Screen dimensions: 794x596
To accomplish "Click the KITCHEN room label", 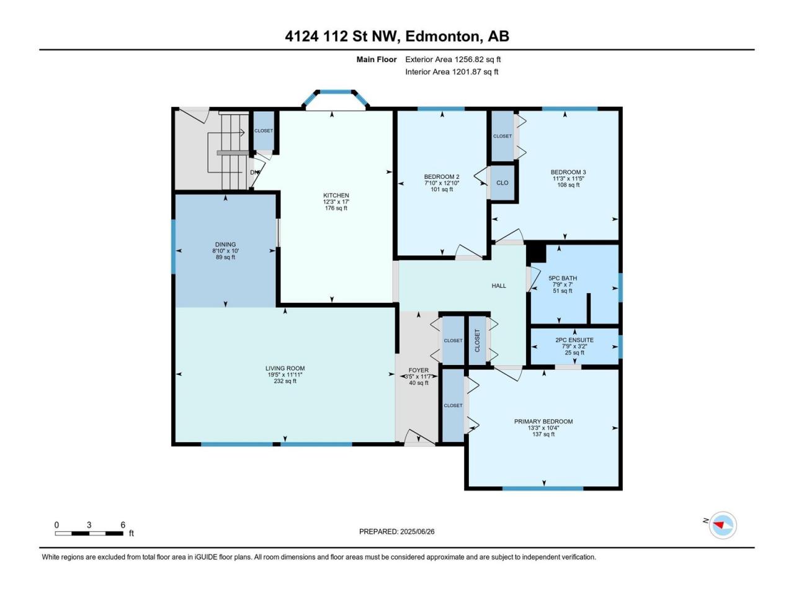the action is click(336, 196).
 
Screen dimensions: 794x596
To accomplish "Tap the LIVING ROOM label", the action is click(285, 368).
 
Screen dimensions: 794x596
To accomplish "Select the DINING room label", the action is click(225, 244).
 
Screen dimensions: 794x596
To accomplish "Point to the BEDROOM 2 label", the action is click(442, 176).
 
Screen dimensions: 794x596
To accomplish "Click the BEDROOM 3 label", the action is click(568, 172).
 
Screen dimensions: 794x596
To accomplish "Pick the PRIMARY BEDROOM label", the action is click(543, 422).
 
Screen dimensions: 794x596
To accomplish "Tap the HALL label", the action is click(499, 286).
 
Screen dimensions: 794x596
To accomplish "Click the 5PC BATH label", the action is click(563, 278).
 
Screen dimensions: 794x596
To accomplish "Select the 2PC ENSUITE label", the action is click(574, 340).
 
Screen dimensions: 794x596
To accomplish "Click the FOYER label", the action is click(419, 370).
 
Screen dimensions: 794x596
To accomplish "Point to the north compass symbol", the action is click(723, 525).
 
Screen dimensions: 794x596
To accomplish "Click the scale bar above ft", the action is click(89, 533).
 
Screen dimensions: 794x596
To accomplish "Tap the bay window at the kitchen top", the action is click(336, 99).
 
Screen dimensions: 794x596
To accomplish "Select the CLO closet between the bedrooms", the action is click(502, 183).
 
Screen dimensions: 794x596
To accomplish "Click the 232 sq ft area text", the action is click(285, 381).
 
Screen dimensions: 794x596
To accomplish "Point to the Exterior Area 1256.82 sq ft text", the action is click(453, 60).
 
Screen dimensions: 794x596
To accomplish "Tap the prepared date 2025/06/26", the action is click(417, 531).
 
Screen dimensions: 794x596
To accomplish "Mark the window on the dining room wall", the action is click(173, 247).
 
